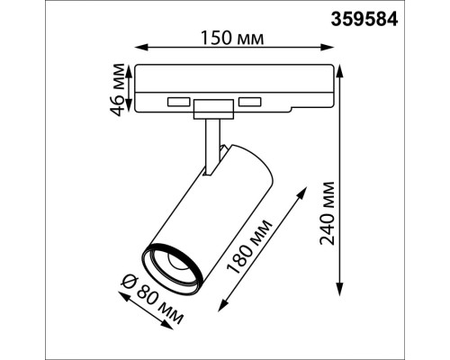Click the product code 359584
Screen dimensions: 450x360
coord(364,20)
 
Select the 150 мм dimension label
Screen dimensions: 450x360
coord(232,38)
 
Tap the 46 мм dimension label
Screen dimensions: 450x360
coord(117,90)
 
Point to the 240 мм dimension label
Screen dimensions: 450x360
coord(327,213)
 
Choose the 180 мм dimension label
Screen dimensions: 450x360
coord(248,247)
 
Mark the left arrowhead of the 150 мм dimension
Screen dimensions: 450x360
coord(141,48)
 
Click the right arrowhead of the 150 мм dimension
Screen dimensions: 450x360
coord(328,48)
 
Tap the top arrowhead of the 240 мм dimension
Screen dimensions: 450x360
coord(339,71)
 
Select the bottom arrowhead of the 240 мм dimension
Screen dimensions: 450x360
coord(339,290)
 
